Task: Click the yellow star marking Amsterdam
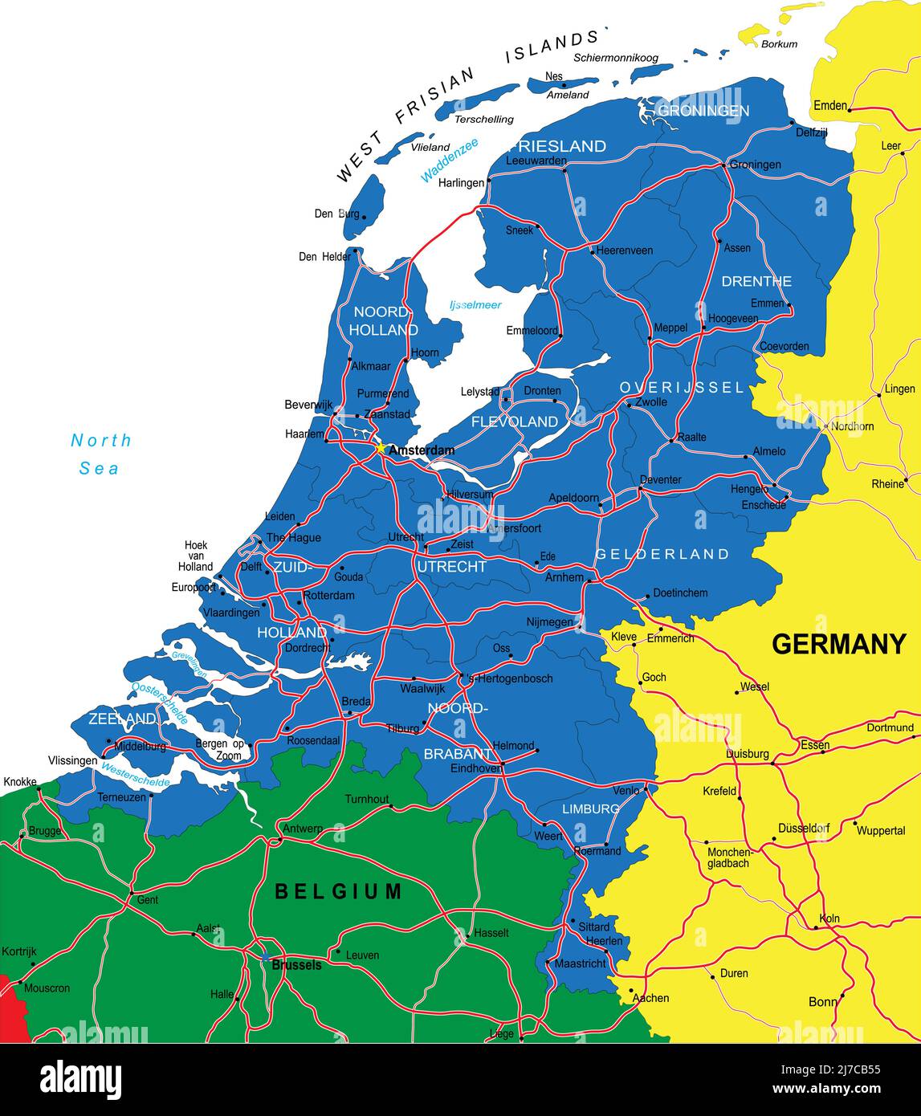pyautogui.click(x=381, y=448)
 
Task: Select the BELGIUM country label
pyautogui.click(x=338, y=891)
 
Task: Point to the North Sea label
pyautogui.click(x=100, y=454)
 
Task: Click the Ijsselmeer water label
pyautogui.click(x=475, y=305)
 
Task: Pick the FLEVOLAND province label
pyautogui.click(x=515, y=422)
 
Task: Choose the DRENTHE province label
pyautogui.click(x=756, y=281)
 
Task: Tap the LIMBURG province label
pyautogui.click(x=591, y=808)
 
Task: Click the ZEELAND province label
pyautogui.click(x=122, y=718)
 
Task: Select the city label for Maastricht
pyautogui.click(x=581, y=963)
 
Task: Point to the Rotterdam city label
pyautogui.click(x=328, y=596)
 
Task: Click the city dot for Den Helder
pyautogui.click(x=355, y=250)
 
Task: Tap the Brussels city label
pyautogui.click(x=296, y=965)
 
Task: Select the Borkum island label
pyautogui.click(x=779, y=44)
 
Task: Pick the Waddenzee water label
pyautogui.click(x=449, y=160)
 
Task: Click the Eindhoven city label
pyautogui.click(x=476, y=768)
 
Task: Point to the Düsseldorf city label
pyautogui.click(x=803, y=828)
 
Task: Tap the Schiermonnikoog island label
pyautogui.click(x=615, y=58)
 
